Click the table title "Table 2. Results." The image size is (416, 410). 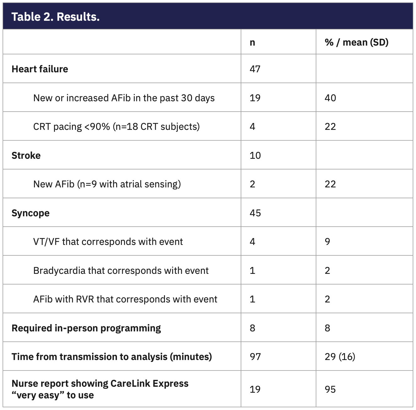(x=56, y=17)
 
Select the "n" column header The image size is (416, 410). (x=252, y=42)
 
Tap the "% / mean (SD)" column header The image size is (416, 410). (x=356, y=42)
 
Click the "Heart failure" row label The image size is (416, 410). (x=40, y=69)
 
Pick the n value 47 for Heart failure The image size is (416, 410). (x=255, y=69)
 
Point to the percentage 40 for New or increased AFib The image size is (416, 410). (x=330, y=98)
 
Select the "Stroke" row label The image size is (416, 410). (x=26, y=155)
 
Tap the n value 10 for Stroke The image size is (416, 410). (x=255, y=155)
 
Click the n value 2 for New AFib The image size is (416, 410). (x=252, y=184)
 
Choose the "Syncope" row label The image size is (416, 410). (x=30, y=213)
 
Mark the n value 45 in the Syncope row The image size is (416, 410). (x=255, y=213)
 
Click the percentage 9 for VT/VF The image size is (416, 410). (x=327, y=241)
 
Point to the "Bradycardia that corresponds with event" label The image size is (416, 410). (x=121, y=270)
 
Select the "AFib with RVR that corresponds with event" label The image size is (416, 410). (x=125, y=299)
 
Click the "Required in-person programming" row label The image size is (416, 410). (x=86, y=328)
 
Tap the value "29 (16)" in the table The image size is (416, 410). (x=340, y=357)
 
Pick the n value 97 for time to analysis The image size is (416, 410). (x=255, y=357)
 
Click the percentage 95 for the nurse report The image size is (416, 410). (x=330, y=389)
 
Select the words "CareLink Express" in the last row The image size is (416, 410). (x=149, y=383)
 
